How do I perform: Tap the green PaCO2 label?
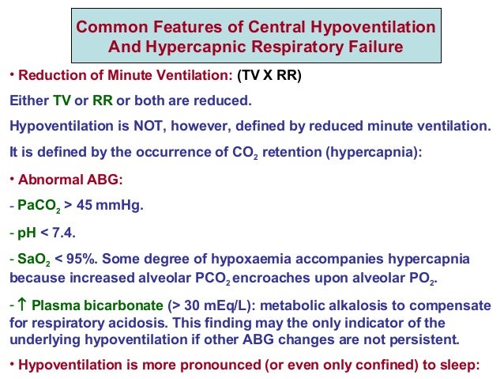pos(36,205)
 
